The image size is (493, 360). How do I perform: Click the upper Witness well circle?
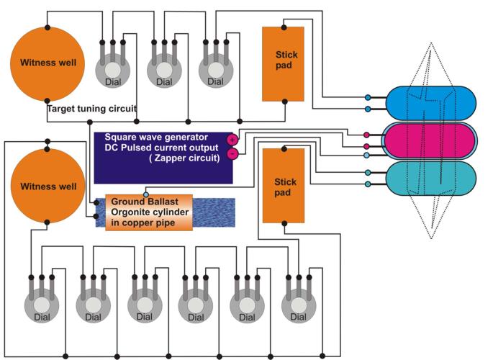point(48,64)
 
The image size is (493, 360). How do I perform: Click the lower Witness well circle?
point(48,186)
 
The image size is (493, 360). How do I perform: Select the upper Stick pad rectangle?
point(284,64)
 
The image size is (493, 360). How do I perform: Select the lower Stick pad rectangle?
point(284,186)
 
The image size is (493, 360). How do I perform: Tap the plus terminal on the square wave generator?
point(232,139)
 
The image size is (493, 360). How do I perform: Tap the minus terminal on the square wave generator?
point(232,154)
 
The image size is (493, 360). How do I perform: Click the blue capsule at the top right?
point(431,103)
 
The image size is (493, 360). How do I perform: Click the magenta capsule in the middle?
point(430,140)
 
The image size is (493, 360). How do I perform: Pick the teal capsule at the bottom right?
point(431,179)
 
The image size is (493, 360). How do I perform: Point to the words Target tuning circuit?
point(92,109)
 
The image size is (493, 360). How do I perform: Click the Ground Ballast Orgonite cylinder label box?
point(149,212)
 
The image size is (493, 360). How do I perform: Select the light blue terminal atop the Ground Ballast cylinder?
point(146,194)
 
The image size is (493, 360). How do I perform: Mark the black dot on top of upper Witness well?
point(48,27)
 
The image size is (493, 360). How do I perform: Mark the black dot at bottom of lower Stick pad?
point(284,223)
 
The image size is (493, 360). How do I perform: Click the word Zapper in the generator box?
point(170,158)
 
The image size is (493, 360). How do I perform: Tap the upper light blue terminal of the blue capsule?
point(368,98)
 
